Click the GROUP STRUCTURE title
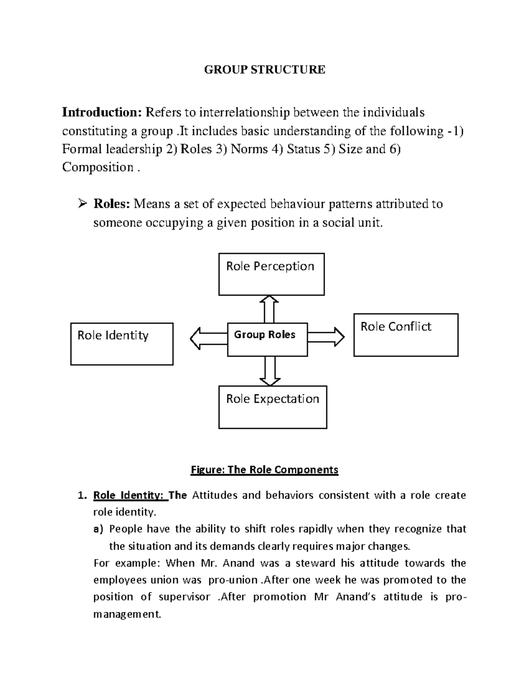(x=264, y=70)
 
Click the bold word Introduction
(x=101, y=112)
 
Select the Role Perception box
(x=271, y=274)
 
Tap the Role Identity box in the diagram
(x=122, y=344)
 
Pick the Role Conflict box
(x=406, y=335)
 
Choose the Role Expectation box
(x=272, y=407)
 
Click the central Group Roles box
(x=267, y=339)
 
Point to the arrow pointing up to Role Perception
(x=269, y=309)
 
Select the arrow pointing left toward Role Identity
(x=208, y=338)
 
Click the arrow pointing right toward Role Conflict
(x=326, y=337)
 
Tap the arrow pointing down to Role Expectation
(x=270, y=371)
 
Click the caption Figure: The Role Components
(x=264, y=470)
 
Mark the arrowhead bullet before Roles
(x=82, y=204)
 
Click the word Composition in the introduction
(x=97, y=168)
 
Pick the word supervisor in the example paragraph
(x=184, y=597)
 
